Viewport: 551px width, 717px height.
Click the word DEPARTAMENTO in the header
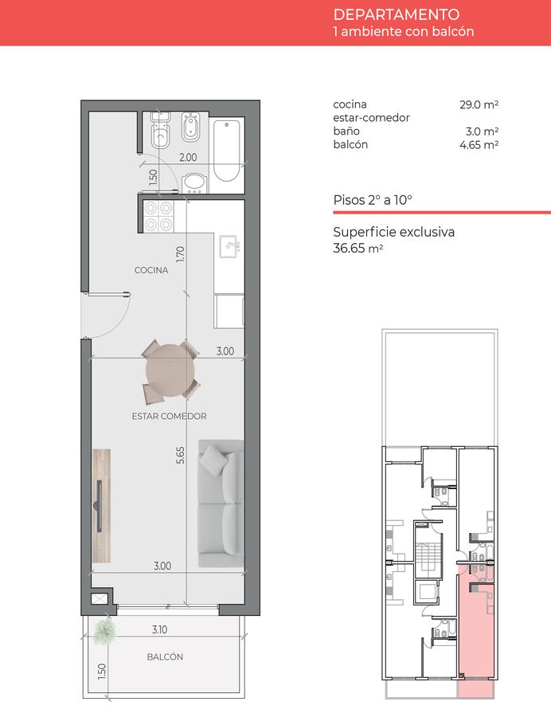pyautogui.click(x=396, y=14)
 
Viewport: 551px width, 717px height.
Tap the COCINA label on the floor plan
pyautogui.click(x=151, y=270)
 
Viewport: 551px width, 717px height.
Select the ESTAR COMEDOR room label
pyautogui.click(x=169, y=416)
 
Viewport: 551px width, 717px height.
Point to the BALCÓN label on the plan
pyautogui.click(x=165, y=656)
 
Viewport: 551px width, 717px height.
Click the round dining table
pyautogui.click(x=170, y=370)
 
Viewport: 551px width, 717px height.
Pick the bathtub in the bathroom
pyautogui.click(x=226, y=151)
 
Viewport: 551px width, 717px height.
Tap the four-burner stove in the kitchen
pyautogui.click(x=158, y=216)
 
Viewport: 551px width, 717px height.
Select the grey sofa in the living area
pyautogui.click(x=221, y=503)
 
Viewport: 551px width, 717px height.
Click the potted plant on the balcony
pyautogui.click(x=104, y=631)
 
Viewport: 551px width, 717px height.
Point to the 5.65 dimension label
pyautogui.click(x=181, y=456)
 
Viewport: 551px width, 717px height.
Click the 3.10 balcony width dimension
pyautogui.click(x=159, y=629)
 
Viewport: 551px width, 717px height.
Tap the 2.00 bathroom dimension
pyautogui.click(x=188, y=157)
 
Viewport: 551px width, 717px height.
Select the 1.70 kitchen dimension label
pyautogui.click(x=181, y=254)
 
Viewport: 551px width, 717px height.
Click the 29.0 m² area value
pyautogui.click(x=479, y=104)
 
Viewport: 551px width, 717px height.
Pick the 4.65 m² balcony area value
pyautogui.click(x=479, y=145)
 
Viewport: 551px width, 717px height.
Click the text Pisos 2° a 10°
pyautogui.click(x=373, y=200)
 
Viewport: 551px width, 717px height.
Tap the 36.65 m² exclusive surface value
pyautogui.click(x=358, y=248)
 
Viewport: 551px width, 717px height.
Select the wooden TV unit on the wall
pyautogui.click(x=101, y=506)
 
